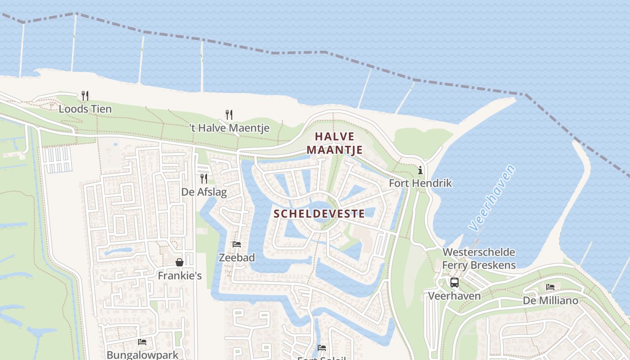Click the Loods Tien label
pos(85,109)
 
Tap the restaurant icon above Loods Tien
pos(85,95)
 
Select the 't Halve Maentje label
pos(229,128)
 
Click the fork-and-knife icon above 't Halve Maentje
pos(229,114)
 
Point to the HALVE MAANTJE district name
pos(335,143)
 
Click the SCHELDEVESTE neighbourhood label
pos(319,213)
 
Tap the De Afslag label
pos(204,192)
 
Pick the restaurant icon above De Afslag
pos(204,179)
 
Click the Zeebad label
pos(237,258)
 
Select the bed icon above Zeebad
pos(237,244)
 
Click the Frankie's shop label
pos(180,275)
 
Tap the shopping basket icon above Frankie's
pos(180,262)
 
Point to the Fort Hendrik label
pos(420,183)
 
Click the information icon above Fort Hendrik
pos(420,170)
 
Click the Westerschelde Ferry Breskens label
pos(479,258)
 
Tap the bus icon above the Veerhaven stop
pos(454,283)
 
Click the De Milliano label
pos(550,300)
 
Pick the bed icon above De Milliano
pos(550,287)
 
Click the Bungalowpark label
pos(142,355)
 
